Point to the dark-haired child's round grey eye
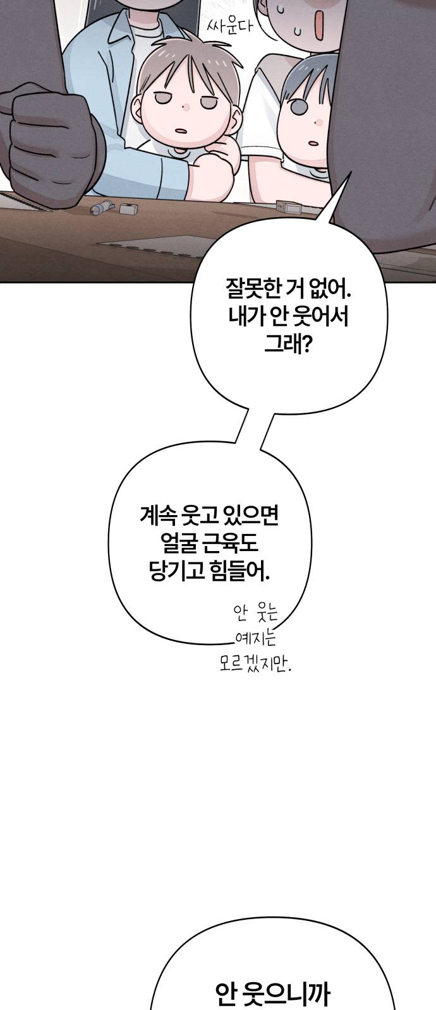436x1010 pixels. [x=297, y=107]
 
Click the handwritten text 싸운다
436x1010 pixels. [x=229, y=27]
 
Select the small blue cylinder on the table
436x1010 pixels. [x=101, y=208]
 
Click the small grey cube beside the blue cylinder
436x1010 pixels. [x=126, y=208]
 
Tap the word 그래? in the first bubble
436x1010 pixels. [x=288, y=345]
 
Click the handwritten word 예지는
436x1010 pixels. [x=256, y=638]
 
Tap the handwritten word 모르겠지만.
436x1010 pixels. [x=256, y=663]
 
